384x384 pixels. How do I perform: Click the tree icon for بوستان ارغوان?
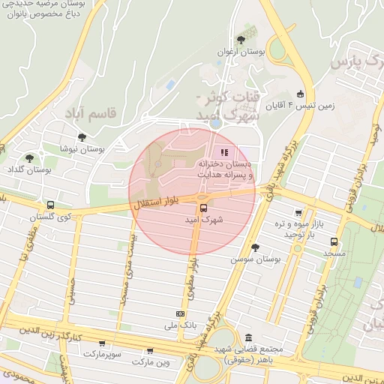[241, 39]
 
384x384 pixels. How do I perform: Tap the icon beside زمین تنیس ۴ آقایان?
[301, 94]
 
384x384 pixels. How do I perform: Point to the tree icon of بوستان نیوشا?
[81, 137]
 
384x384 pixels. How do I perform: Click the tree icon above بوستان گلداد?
[29, 158]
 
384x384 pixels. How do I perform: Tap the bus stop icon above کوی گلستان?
[50, 204]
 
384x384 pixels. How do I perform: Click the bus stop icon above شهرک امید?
[202, 208]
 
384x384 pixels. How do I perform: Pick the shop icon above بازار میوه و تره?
[299, 214]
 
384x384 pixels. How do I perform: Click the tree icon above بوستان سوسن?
[255, 247]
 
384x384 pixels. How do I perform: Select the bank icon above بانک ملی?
[180, 313]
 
